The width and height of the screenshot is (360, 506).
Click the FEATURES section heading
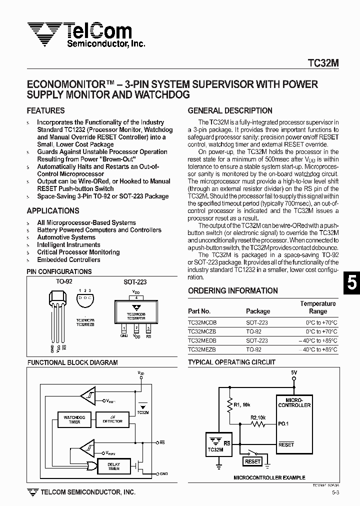pyautogui.click(x=45, y=110)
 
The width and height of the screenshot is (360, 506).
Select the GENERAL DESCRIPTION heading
pyautogui.click(x=230, y=110)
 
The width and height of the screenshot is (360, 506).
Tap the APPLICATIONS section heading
pyautogui.click(x=53, y=211)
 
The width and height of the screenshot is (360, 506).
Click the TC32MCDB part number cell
pyautogui.click(x=202, y=323)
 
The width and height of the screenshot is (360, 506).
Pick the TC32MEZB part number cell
pyautogui.click(x=202, y=350)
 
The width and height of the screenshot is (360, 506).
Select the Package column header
pyautogui.click(x=258, y=311)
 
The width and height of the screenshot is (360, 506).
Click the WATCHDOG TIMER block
pyautogui.click(x=74, y=419)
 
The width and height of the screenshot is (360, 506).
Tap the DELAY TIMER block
pyautogui.click(x=114, y=466)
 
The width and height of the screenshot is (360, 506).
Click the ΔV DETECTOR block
pyautogui.click(x=112, y=419)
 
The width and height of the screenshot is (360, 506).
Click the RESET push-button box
pyautogui.click(x=253, y=461)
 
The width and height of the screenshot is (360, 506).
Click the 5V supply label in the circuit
pyautogui.click(x=294, y=372)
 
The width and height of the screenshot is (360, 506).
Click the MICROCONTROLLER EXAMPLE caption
pyautogui.click(x=269, y=478)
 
